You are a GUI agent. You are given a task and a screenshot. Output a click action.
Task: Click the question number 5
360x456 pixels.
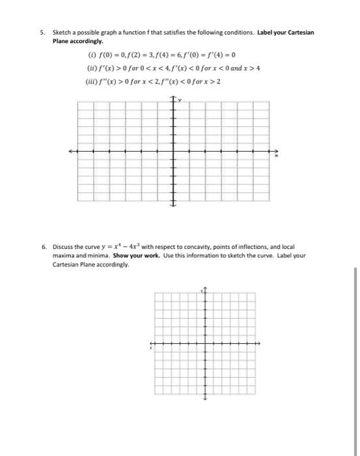click(41, 32)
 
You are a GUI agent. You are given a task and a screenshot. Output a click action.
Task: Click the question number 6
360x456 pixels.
click(41, 248)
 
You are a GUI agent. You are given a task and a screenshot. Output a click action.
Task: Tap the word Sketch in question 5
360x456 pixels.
click(63, 32)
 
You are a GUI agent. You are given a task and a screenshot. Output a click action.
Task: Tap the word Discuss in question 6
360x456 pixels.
click(62, 248)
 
